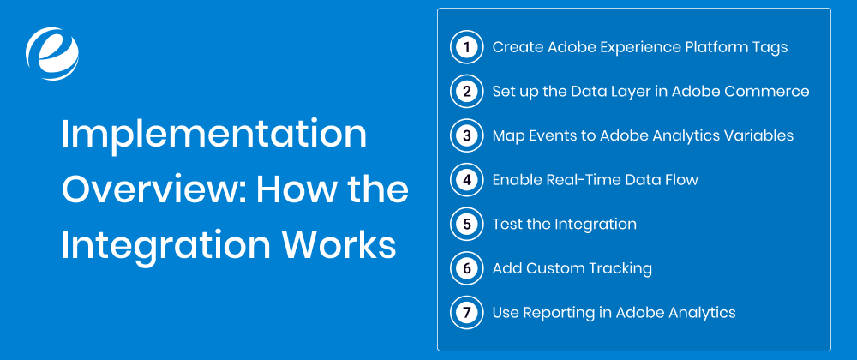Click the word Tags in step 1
coord(770,47)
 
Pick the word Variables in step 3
coord(761,135)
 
